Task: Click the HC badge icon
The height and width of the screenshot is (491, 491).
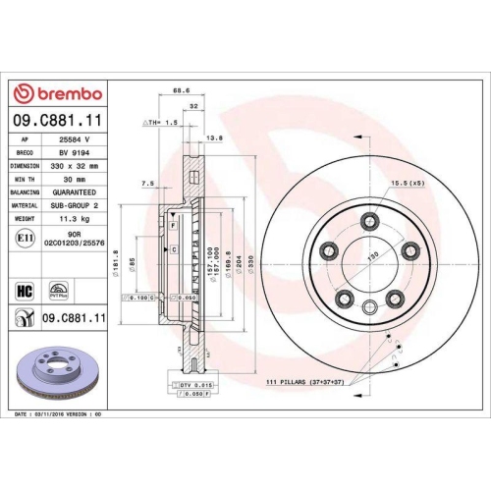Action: pyautogui.click(x=25, y=291)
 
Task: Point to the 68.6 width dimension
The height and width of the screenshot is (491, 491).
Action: pyautogui.click(x=181, y=90)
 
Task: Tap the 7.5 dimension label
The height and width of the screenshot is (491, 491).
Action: pyautogui.click(x=148, y=183)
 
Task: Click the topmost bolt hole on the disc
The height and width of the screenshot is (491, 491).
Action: pyautogui.click(x=369, y=221)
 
